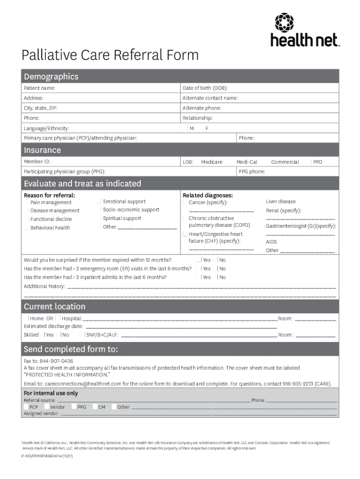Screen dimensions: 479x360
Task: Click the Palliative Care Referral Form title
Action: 110,55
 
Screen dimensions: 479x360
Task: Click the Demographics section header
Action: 51,76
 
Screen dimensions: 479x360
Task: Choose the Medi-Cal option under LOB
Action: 246,162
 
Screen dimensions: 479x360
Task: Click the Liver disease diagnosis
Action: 281,202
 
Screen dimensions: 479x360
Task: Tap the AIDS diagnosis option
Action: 271,242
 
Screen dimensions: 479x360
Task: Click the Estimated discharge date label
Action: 53,326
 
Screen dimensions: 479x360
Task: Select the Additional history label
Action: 44,286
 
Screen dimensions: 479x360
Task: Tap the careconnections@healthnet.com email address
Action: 78,384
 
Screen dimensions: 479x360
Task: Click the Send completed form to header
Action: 71,349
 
